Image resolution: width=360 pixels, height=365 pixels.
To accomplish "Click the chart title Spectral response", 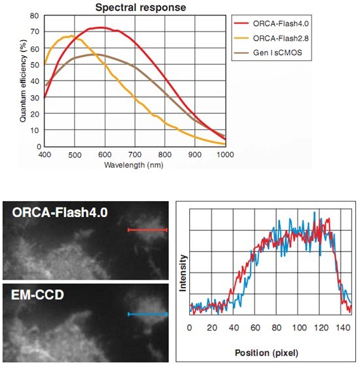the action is click(141, 7).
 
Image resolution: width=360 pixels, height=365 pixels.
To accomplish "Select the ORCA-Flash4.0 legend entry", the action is click(271, 24).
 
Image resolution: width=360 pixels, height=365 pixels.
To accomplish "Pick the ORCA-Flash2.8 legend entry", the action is click(271, 38).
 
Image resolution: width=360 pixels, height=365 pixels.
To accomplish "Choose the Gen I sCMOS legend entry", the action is click(268, 52).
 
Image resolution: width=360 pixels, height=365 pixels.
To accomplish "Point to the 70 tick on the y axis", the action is click(35, 31).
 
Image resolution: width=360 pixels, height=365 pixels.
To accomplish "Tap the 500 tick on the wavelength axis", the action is click(75, 155).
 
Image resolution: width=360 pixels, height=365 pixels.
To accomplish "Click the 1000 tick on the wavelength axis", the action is click(225, 155).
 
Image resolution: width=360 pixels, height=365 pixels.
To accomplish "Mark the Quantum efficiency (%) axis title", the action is click(23, 81).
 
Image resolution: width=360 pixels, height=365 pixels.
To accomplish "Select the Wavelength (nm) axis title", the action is click(134, 165).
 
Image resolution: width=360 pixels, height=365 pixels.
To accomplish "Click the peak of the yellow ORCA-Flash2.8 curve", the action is click(71, 35).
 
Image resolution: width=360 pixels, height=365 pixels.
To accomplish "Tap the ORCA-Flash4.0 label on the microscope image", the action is click(60, 212).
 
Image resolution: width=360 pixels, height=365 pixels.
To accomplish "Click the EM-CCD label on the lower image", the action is click(37, 295).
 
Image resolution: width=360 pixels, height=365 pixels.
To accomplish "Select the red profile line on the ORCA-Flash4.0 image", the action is click(147, 230).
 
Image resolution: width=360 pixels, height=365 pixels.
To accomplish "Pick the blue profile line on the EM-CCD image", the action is click(147, 315).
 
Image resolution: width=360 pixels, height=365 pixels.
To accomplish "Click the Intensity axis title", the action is click(183, 273).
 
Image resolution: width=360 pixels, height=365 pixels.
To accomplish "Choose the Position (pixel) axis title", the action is click(266, 353).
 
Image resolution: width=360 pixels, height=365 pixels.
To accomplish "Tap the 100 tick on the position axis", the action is click(299, 328).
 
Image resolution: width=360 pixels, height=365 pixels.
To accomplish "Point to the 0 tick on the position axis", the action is click(190, 328).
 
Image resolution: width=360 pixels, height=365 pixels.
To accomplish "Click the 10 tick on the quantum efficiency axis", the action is click(35, 130).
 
